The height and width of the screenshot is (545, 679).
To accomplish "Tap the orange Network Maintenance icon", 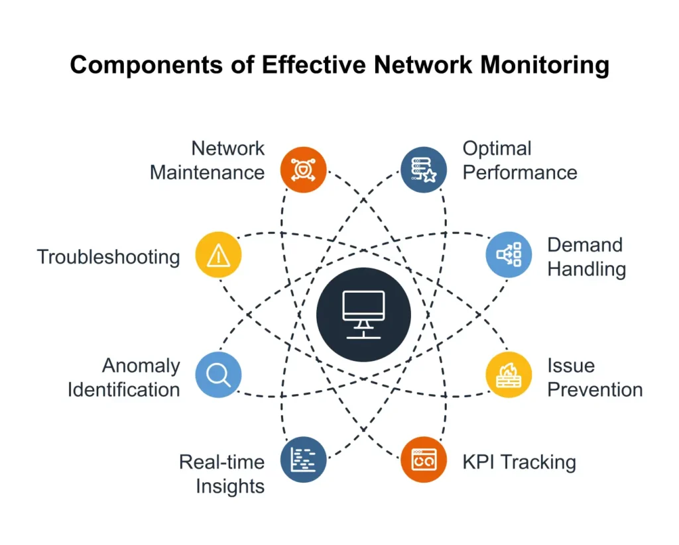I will tap(303, 169).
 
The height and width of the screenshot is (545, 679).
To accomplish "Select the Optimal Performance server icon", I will tap(424, 169).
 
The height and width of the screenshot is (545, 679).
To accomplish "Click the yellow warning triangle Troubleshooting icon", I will tap(218, 255).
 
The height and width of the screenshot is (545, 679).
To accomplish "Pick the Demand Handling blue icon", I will tap(509, 255).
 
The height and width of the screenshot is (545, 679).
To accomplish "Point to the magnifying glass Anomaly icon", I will tap(218, 375).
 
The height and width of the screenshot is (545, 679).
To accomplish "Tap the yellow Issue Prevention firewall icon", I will tap(509, 375).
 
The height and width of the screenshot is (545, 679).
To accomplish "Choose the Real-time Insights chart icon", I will tap(303, 460).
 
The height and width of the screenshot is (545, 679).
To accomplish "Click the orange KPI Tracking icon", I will tap(424, 460).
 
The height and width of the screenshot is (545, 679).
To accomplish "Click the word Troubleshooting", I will tap(108, 257).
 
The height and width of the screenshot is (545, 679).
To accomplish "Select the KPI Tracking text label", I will tap(519, 462).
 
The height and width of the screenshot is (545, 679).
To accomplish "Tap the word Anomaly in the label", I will tap(141, 366).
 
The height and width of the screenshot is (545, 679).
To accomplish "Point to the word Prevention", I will tap(595, 389).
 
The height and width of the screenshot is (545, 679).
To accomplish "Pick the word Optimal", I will tap(497, 148).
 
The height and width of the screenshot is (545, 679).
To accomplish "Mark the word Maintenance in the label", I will tap(207, 173).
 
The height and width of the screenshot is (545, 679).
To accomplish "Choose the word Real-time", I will tap(221, 462).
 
